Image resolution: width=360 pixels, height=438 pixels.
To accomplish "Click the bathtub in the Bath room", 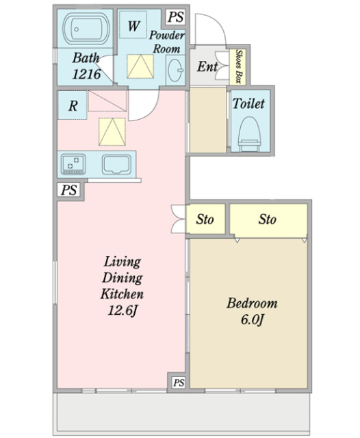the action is click(x=86, y=28).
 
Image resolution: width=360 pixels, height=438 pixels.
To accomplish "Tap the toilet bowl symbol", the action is click(x=249, y=133).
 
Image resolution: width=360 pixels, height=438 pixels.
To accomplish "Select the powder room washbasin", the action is click(x=176, y=70).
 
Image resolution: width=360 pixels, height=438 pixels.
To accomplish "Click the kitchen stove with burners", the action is click(x=73, y=164).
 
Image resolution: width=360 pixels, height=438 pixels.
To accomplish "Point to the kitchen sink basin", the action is click(x=116, y=164).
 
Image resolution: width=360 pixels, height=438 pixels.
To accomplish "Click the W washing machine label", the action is click(x=133, y=26).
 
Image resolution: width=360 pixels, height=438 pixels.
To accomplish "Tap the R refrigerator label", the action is click(x=73, y=106).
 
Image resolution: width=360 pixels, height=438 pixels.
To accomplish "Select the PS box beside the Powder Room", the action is click(x=176, y=16).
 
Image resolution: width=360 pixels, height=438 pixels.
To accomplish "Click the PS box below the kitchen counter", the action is click(x=68, y=190).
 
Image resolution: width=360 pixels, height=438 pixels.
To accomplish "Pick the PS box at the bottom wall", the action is click(x=179, y=382).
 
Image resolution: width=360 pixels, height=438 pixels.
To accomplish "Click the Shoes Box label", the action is click(x=238, y=66).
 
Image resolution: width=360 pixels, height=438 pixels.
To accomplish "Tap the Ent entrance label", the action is click(x=207, y=66).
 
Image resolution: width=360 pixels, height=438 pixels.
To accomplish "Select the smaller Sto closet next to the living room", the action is click(x=205, y=219).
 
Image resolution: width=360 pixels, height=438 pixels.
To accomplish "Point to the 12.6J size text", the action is click(x=123, y=310).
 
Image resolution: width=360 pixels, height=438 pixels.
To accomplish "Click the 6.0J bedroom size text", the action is click(x=252, y=320).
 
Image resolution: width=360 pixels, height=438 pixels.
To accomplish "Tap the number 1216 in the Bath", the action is click(x=86, y=75).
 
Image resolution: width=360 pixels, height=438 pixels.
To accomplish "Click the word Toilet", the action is click(x=248, y=103).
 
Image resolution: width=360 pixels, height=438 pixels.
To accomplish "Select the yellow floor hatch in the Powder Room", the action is click(x=140, y=66).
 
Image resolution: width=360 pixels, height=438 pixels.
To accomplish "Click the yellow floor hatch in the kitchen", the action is click(x=112, y=131).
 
